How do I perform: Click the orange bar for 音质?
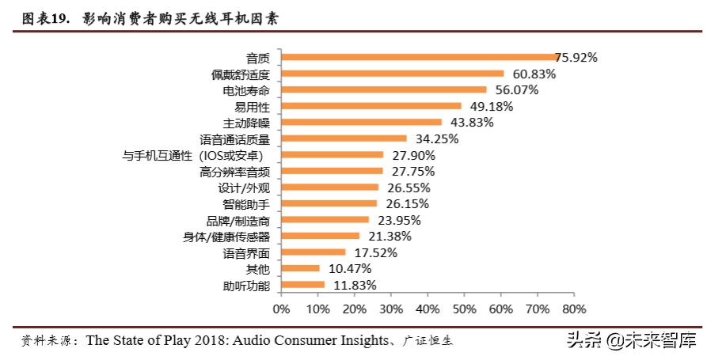tap(420, 57)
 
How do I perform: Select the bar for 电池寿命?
tap(384, 89)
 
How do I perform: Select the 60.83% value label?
tap(534, 74)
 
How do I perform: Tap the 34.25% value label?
tap(437, 138)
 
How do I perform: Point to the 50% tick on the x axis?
tap(465, 308)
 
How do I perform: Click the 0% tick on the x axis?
tap(282, 308)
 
